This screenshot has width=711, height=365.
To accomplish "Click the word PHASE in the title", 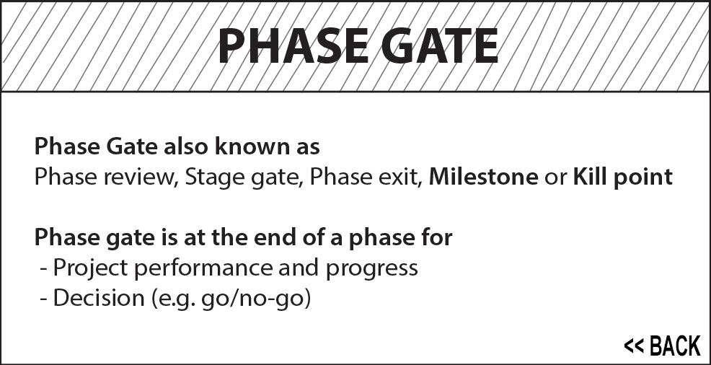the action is click(293, 46).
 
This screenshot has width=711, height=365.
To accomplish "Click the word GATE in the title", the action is click(440, 46).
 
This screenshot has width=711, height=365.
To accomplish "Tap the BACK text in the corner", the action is click(675, 346).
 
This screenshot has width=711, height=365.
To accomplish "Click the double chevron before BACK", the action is click(634, 346).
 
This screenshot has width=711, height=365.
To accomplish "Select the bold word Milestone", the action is click(483, 177).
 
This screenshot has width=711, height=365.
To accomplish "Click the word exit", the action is click(401, 177).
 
